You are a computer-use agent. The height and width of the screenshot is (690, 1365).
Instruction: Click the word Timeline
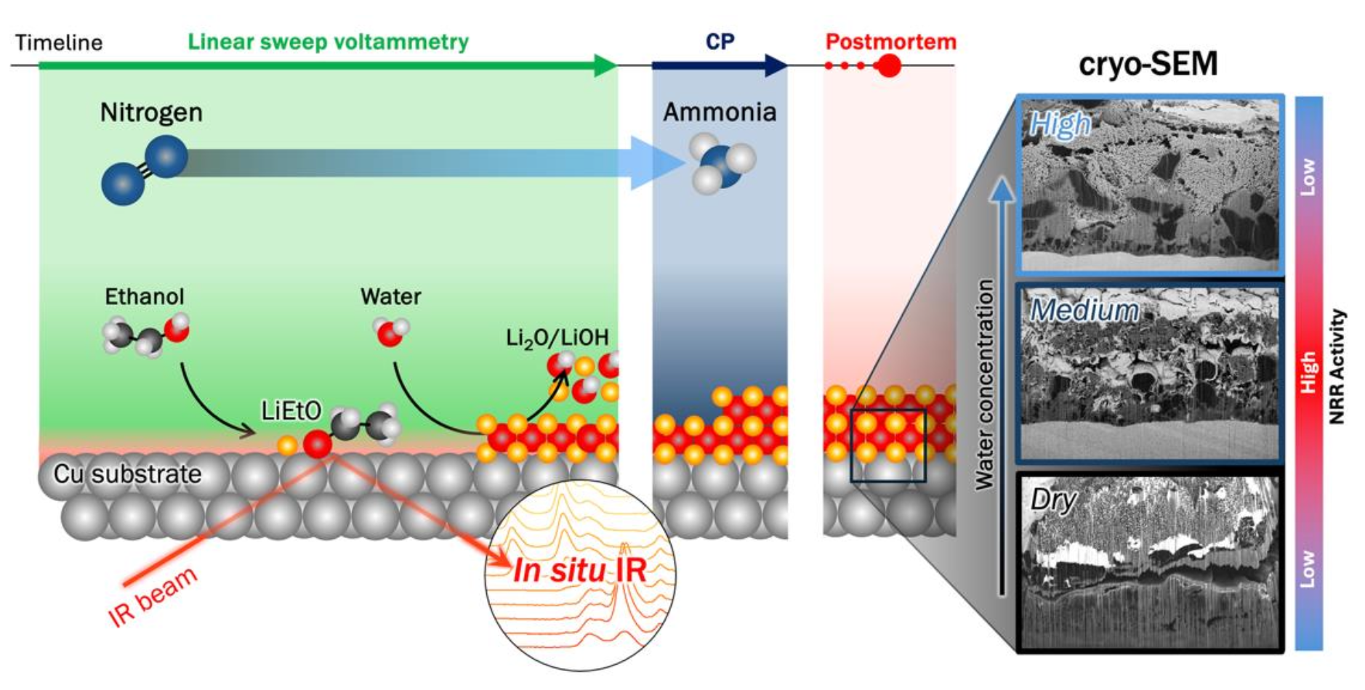[59, 43]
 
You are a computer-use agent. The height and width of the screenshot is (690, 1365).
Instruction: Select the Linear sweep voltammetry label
[328, 42]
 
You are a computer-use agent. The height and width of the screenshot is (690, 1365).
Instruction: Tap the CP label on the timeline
[720, 42]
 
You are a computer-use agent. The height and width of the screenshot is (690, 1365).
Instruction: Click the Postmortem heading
[890, 41]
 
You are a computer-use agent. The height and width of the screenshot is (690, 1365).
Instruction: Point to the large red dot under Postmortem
[887, 66]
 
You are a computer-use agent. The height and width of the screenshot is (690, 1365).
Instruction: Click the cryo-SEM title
[1148, 64]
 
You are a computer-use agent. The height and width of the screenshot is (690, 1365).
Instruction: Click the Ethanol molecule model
[146, 336]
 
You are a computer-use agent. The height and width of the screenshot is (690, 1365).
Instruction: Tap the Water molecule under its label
[390, 332]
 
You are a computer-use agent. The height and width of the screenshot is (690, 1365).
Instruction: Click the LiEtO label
[291, 411]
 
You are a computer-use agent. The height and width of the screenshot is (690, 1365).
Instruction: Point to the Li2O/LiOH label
[557, 338]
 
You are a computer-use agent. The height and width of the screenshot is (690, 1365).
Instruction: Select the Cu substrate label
[127, 474]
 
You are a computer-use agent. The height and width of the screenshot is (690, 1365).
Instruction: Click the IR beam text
[153, 596]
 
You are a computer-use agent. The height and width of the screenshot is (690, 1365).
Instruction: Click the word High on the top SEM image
[1060, 125]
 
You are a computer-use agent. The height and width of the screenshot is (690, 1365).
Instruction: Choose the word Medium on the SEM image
[1084, 311]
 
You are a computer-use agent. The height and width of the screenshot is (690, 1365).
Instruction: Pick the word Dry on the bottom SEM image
[1053, 500]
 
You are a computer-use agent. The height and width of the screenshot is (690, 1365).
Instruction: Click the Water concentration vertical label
[984, 384]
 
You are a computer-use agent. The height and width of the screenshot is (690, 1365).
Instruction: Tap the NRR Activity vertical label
[1337, 367]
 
